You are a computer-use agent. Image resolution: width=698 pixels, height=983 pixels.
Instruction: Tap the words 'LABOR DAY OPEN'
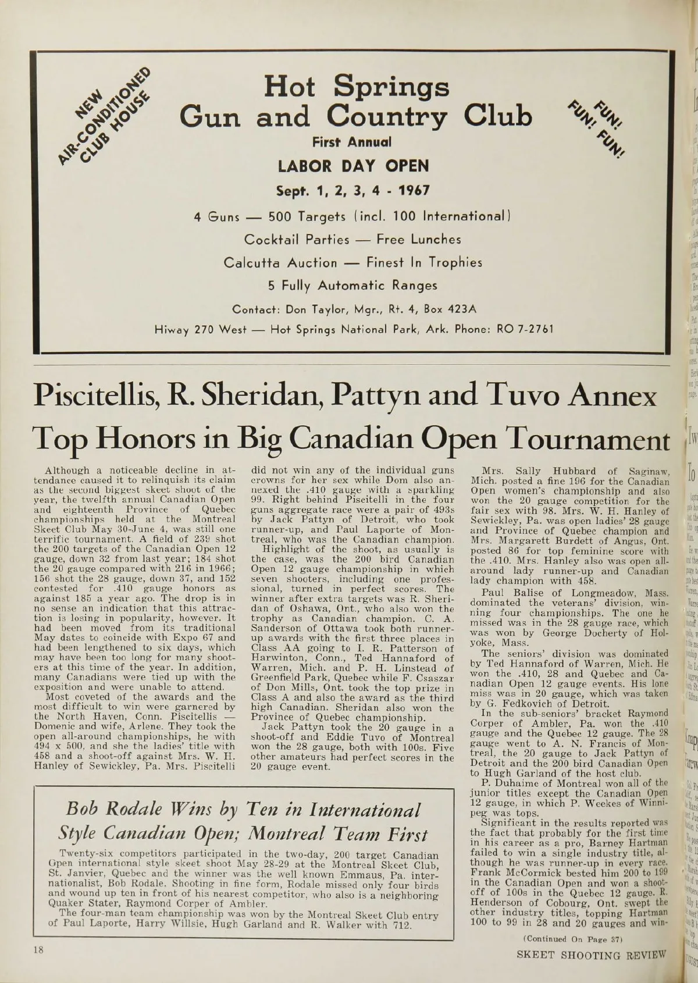353,166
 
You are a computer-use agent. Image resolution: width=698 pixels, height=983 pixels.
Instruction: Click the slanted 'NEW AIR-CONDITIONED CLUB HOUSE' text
108,119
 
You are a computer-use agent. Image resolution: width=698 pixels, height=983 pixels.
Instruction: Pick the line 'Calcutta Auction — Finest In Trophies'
353,263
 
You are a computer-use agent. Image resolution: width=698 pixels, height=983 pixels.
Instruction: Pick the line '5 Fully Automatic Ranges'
352,286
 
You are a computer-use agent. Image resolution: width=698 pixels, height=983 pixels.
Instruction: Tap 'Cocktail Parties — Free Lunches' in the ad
352,240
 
